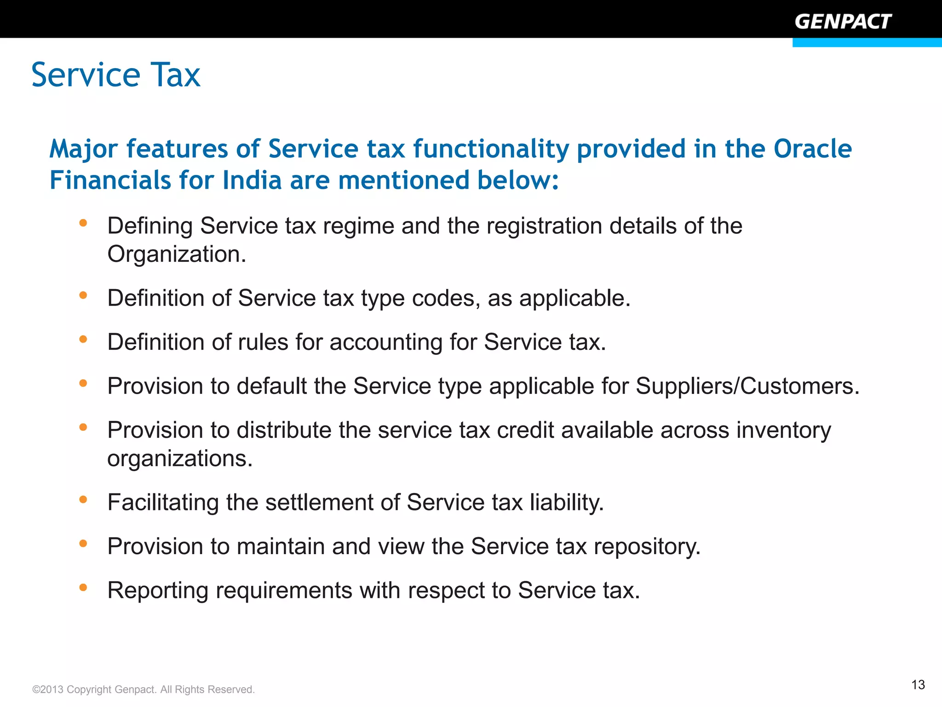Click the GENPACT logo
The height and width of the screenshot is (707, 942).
coord(843,22)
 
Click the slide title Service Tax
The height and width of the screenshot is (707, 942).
coord(116,75)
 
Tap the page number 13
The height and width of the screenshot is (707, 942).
coord(918,685)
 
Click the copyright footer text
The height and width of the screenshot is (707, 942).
coord(144,690)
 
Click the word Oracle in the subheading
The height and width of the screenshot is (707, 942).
coord(812,149)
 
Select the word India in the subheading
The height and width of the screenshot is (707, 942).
coord(252,180)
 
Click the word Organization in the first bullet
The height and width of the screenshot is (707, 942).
coord(176,254)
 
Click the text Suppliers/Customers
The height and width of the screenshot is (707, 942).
coord(747,386)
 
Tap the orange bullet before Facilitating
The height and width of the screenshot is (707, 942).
coord(83,499)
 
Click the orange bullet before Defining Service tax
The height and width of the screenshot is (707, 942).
coord(83,223)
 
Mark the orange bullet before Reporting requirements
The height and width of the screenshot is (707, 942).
coord(83,587)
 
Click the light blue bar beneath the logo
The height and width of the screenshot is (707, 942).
coord(867,43)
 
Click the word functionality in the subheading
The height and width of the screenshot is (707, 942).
coord(491,149)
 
